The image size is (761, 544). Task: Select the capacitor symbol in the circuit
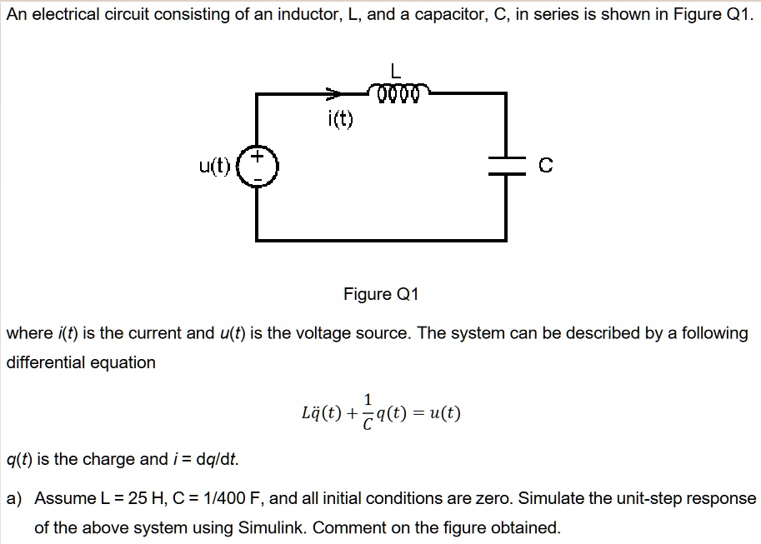pos(506,166)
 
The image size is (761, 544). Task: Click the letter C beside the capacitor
pos(545,167)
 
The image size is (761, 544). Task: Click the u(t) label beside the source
pos(215,167)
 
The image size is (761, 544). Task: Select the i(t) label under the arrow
pos(339,121)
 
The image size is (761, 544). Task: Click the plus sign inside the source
pos(258,157)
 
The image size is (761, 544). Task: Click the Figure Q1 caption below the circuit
pos(381,294)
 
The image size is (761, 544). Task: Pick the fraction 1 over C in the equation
pos(368,412)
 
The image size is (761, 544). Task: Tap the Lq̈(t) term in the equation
pos(319,413)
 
